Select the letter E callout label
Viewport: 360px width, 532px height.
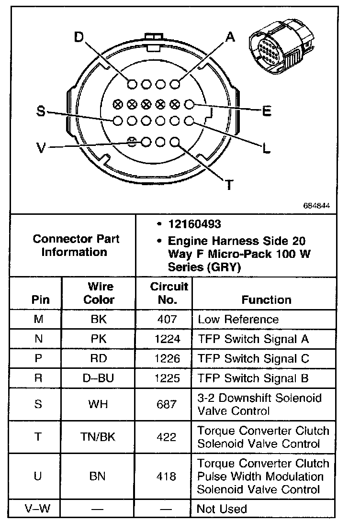click(x=267, y=111)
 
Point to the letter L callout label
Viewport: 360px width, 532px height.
click(x=267, y=148)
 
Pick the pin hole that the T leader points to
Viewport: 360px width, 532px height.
click(x=175, y=142)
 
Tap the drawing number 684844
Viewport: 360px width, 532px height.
click(x=316, y=206)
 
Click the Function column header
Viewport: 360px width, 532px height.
click(x=266, y=300)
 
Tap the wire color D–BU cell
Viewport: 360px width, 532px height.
click(x=99, y=378)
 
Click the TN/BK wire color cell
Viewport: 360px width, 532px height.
click(x=99, y=437)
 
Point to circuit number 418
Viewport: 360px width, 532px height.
click(x=166, y=477)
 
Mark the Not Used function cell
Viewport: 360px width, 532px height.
click(x=222, y=509)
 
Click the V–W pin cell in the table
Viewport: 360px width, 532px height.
click(x=38, y=509)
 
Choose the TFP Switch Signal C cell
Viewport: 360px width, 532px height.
click(x=253, y=359)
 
